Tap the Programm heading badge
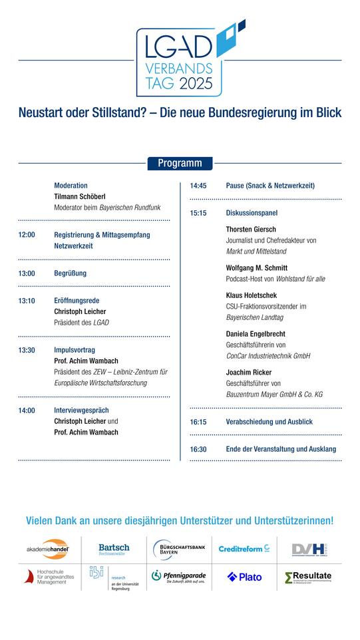click(180, 163)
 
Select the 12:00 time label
click(27, 235)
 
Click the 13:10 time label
click(27, 301)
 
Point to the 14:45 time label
click(198, 186)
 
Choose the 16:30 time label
click(198, 449)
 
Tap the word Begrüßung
click(70, 273)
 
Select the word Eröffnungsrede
click(75, 301)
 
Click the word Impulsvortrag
click(75, 350)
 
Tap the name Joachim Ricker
click(248, 373)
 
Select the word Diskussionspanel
click(252, 213)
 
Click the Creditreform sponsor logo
click(244, 549)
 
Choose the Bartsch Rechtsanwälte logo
click(114, 549)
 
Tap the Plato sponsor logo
click(244, 577)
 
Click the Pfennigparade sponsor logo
click(178, 577)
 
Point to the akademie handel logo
click(48, 549)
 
